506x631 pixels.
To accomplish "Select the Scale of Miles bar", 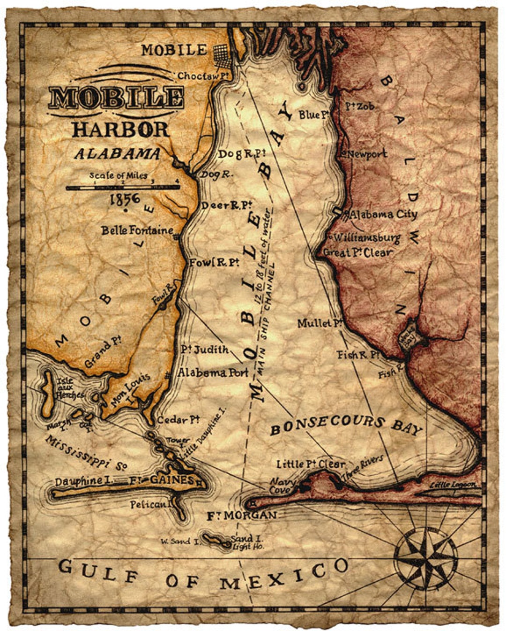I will (x=123, y=187).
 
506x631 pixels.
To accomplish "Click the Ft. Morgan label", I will (x=242, y=516).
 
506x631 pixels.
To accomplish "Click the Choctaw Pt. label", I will (x=199, y=76).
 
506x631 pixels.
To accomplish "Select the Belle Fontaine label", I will (x=137, y=230).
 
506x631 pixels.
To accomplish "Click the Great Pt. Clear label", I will (x=358, y=252).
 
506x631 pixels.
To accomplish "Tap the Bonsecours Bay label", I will (x=346, y=425).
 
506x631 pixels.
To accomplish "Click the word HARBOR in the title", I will (x=120, y=129).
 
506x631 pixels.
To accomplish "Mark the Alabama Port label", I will (x=213, y=373).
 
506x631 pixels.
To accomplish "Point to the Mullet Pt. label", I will (x=320, y=323).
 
